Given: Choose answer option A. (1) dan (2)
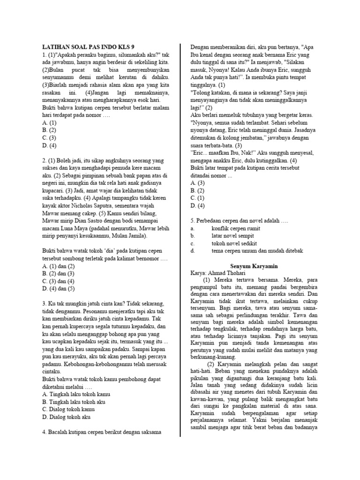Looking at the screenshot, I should tap(59, 265).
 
